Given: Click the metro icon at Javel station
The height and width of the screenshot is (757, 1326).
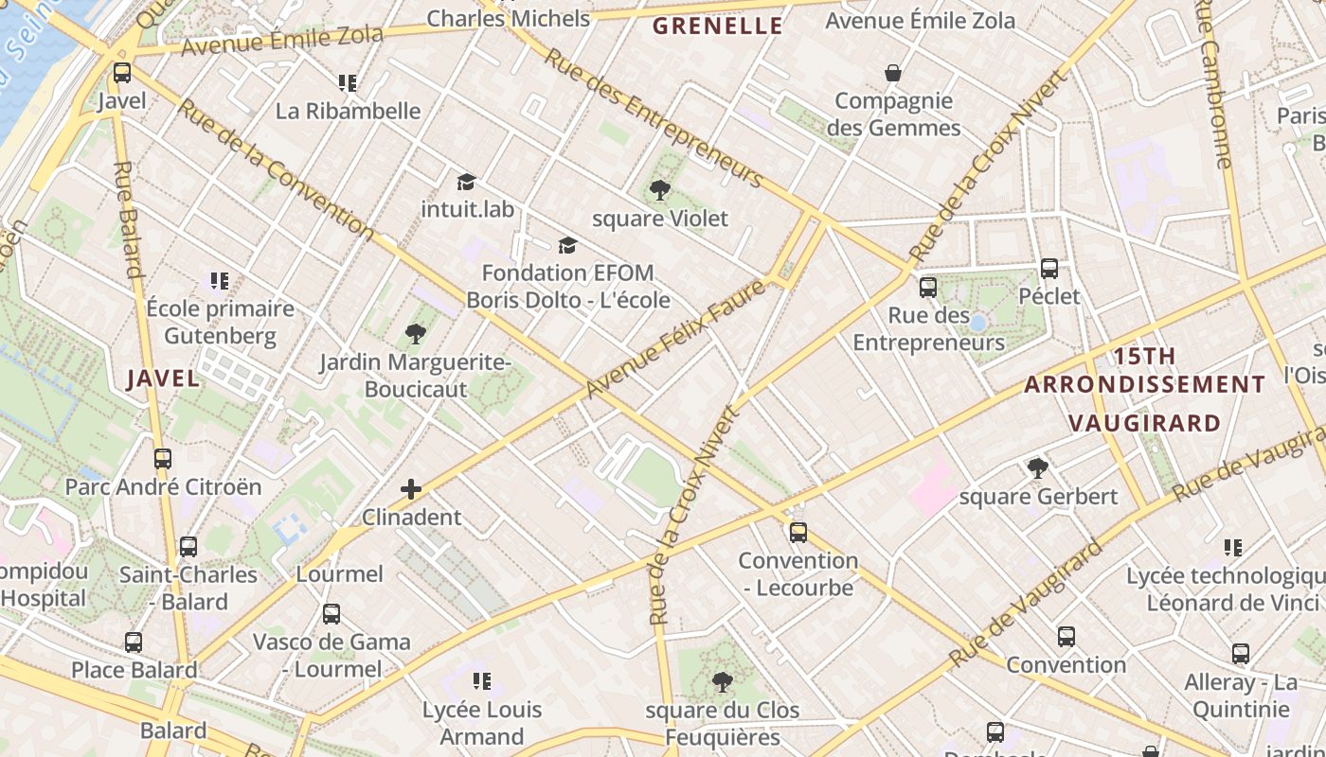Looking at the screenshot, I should (122, 73).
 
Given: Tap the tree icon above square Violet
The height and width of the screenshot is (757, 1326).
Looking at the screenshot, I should (660, 190).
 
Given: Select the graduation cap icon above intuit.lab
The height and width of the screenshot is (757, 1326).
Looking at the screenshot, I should (465, 182).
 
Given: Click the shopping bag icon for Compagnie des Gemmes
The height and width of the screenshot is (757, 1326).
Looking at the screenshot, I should (892, 73).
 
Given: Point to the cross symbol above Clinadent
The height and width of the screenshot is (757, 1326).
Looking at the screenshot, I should (411, 489).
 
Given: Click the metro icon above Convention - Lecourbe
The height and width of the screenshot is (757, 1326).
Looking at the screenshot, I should (798, 533).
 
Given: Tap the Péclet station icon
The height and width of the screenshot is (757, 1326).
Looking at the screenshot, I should (1048, 269).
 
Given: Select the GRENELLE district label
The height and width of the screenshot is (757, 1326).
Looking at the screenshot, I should (719, 26).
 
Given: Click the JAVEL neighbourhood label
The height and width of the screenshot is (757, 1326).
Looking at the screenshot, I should (164, 378).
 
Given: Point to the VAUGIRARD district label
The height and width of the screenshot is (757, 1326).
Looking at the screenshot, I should (1144, 423).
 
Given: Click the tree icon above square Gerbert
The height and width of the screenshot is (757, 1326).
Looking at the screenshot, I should (1038, 467).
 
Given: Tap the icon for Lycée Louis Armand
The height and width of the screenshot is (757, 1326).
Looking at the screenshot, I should (481, 681).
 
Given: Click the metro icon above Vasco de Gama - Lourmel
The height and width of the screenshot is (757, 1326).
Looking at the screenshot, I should (331, 614).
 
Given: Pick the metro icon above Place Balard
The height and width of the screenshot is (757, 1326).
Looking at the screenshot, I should (134, 643).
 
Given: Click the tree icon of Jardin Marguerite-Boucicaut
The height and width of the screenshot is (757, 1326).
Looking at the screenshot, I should (415, 333).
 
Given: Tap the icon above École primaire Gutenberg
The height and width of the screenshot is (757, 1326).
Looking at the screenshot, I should (220, 280).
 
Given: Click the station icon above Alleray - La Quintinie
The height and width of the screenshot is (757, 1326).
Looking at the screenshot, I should (1241, 654).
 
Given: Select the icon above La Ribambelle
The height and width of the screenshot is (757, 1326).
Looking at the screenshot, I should (348, 83).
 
